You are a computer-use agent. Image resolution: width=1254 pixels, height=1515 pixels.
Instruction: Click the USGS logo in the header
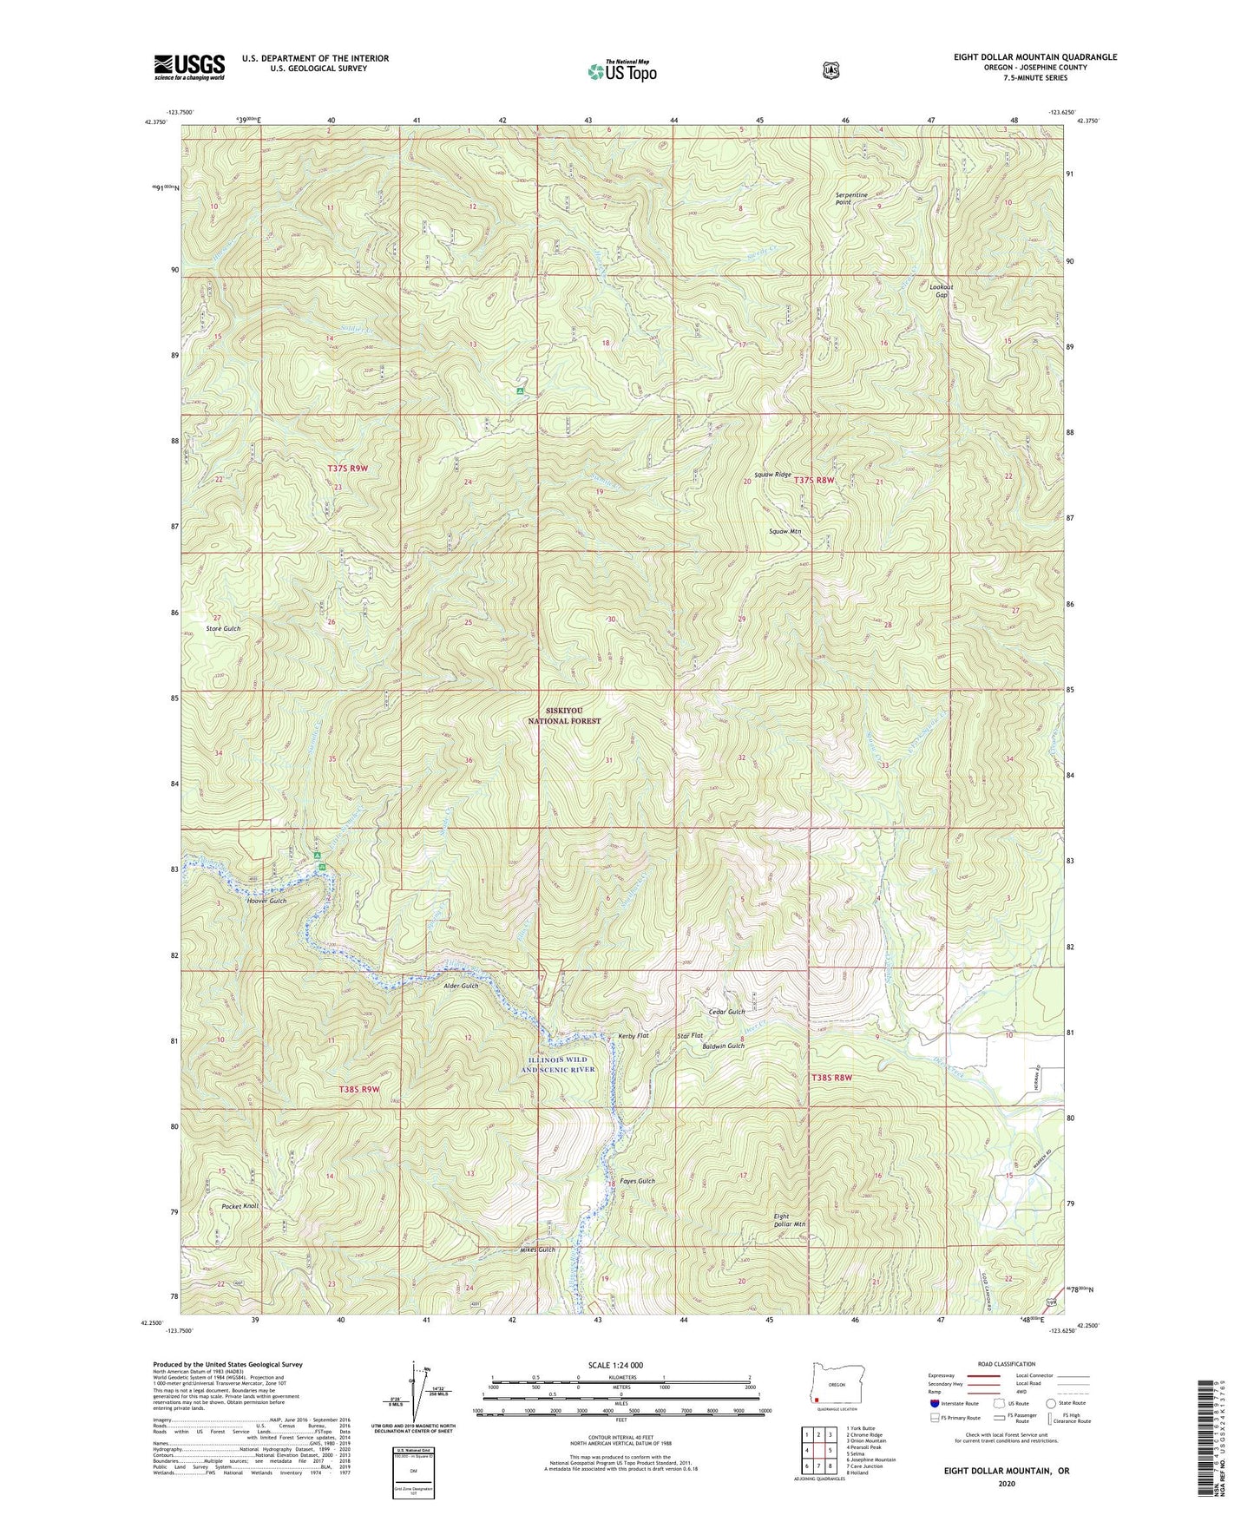[189, 66]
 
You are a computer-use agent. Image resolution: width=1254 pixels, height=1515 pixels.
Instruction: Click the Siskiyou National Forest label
[564, 715]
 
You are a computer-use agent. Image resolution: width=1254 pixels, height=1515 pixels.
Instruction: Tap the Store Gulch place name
[223, 628]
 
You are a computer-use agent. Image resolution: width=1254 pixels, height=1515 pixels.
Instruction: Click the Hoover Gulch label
[266, 901]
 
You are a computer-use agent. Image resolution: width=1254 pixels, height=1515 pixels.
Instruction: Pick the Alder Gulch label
[461, 986]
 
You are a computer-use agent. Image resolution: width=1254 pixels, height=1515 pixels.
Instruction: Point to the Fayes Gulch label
[636, 1181]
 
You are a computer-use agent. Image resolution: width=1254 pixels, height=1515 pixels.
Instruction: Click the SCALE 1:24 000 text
[615, 1365]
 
